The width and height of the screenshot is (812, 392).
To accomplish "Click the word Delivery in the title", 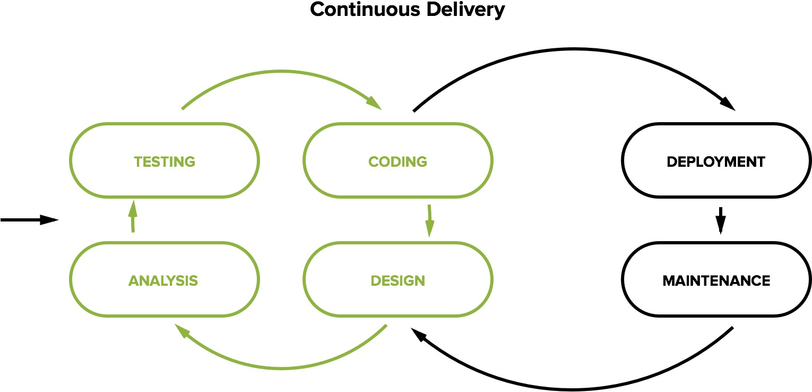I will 474,10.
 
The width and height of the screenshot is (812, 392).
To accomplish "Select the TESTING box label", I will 165,161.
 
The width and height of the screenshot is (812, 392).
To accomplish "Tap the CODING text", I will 398,161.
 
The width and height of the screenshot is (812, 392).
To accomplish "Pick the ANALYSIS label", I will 163,280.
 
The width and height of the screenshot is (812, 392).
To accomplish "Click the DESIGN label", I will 398,280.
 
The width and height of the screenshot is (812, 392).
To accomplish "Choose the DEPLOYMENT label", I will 716,161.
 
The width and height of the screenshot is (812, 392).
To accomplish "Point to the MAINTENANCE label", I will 716,280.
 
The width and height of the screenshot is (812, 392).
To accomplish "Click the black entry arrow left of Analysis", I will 29,220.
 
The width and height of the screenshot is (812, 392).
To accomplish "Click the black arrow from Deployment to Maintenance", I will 720,220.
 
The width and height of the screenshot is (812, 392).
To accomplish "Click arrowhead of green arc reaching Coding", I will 374,103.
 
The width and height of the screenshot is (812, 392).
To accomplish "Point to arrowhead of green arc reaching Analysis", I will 184,333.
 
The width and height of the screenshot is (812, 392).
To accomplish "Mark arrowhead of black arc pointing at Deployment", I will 727,104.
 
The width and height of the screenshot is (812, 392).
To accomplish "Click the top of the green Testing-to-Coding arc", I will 281,71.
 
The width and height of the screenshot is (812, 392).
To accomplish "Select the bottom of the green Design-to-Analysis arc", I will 281,368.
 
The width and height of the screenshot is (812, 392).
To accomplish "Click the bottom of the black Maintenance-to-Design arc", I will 573,389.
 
